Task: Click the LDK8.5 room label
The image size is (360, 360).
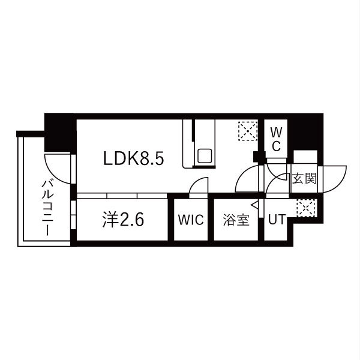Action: pyautogui.click(x=134, y=158)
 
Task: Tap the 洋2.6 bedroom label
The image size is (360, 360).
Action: pyautogui.click(x=123, y=220)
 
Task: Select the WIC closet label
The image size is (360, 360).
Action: pyautogui.click(x=191, y=220)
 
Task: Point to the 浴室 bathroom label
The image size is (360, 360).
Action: pyautogui.click(x=236, y=220)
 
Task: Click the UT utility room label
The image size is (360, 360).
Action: pyautogui.click(x=277, y=219)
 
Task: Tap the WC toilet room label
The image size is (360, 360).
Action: pyautogui.click(x=276, y=139)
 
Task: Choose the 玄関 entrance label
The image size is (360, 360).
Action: pyautogui.click(x=304, y=178)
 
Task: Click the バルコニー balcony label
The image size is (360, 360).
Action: pyautogui.click(x=47, y=208)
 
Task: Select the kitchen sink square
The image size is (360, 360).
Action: pyautogui.click(x=205, y=156)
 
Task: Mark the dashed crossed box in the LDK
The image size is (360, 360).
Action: pyautogui.click(x=248, y=131)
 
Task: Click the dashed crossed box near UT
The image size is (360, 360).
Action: pyautogui.click(x=305, y=208)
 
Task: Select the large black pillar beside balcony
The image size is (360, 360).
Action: pyautogui.click(x=59, y=133)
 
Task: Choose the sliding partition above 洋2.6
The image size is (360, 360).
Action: pyautogui.click(x=122, y=196)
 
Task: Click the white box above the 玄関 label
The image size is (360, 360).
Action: pyautogui.click(x=305, y=157)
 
